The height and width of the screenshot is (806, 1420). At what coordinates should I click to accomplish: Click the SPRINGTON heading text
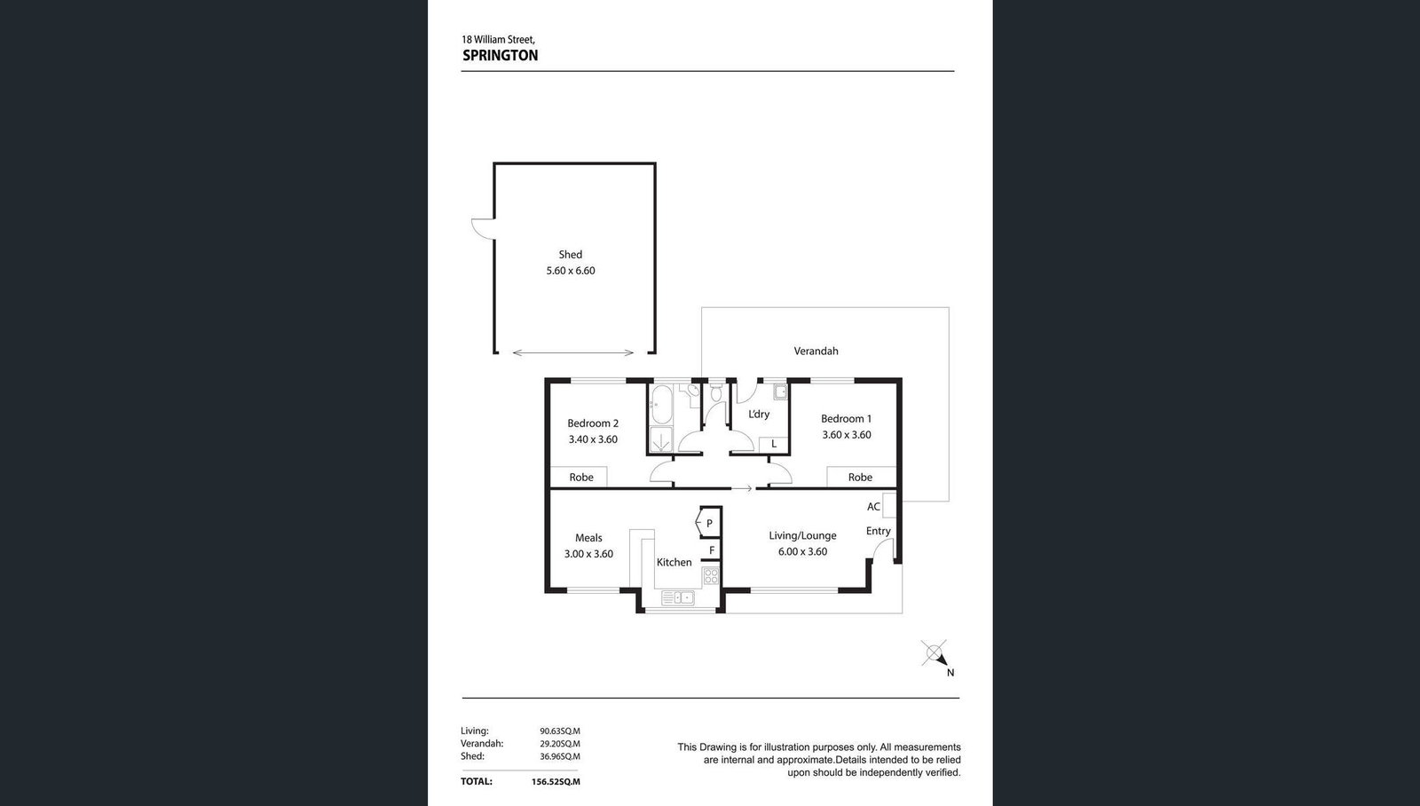(501, 56)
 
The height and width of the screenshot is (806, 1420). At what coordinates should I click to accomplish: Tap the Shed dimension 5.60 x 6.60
(571, 271)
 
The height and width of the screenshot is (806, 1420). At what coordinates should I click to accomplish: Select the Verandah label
(816, 351)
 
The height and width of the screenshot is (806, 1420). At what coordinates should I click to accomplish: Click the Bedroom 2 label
(593, 423)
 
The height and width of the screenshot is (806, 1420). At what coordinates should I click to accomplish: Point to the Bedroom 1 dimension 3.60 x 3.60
(847, 435)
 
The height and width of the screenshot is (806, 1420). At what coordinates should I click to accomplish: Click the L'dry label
(759, 415)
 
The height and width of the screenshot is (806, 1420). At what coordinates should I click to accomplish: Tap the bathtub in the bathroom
(661, 404)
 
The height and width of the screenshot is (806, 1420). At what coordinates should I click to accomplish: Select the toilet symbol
(716, 392)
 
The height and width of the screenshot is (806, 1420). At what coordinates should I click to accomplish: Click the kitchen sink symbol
(678, 597)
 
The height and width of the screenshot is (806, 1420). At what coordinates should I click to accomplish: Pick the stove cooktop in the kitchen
(711, 576)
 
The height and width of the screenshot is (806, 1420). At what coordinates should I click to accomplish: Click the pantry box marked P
(709, 523)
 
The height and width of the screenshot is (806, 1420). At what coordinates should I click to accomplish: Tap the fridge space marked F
(712, 550)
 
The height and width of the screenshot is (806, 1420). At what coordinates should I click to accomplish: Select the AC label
(873, 507)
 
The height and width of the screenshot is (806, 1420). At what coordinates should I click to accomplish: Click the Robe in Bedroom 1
(860, 478)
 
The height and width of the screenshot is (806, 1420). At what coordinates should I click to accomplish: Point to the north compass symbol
(936, 656)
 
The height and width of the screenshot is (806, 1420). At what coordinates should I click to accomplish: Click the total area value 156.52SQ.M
(556, 782)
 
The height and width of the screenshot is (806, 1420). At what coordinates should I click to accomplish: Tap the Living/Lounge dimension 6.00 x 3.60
(802, 552)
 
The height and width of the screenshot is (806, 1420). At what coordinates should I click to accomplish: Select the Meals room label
(588, 538)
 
